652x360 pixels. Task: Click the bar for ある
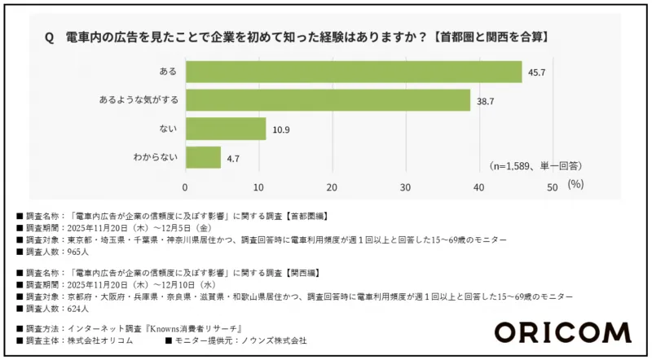(x=354, y=72)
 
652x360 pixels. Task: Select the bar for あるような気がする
(x=328, y=100)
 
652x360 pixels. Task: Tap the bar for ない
(x=226, y=129)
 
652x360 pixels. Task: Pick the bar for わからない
(x=203, y=156)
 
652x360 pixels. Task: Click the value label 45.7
(x=537, y=72)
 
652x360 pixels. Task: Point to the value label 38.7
(x=486, y=101)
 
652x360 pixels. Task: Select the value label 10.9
(x=281, y=129)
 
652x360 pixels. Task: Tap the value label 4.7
(x=233, y=157)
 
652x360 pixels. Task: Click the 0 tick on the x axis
(x=186, y=187)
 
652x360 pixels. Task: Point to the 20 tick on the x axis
(x=333, y=187)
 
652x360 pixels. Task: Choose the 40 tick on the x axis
(x=479, y=187)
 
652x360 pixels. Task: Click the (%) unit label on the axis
(x=575, y=186)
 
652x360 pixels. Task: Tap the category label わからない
(x=154, y=157)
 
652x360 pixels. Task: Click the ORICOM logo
(x=562, y=332)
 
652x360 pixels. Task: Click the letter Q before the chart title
(x=49, y=37)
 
